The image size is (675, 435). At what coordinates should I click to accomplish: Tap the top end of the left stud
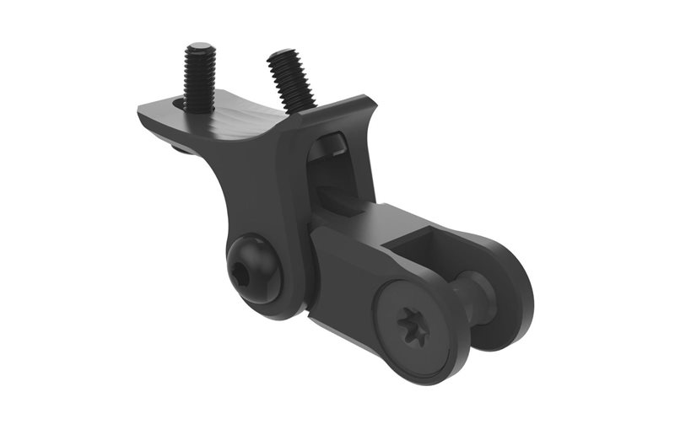(200, 48)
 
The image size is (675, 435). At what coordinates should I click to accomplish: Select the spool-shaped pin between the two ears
(477, 295)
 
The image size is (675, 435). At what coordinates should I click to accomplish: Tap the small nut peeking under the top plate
(180, 149)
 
